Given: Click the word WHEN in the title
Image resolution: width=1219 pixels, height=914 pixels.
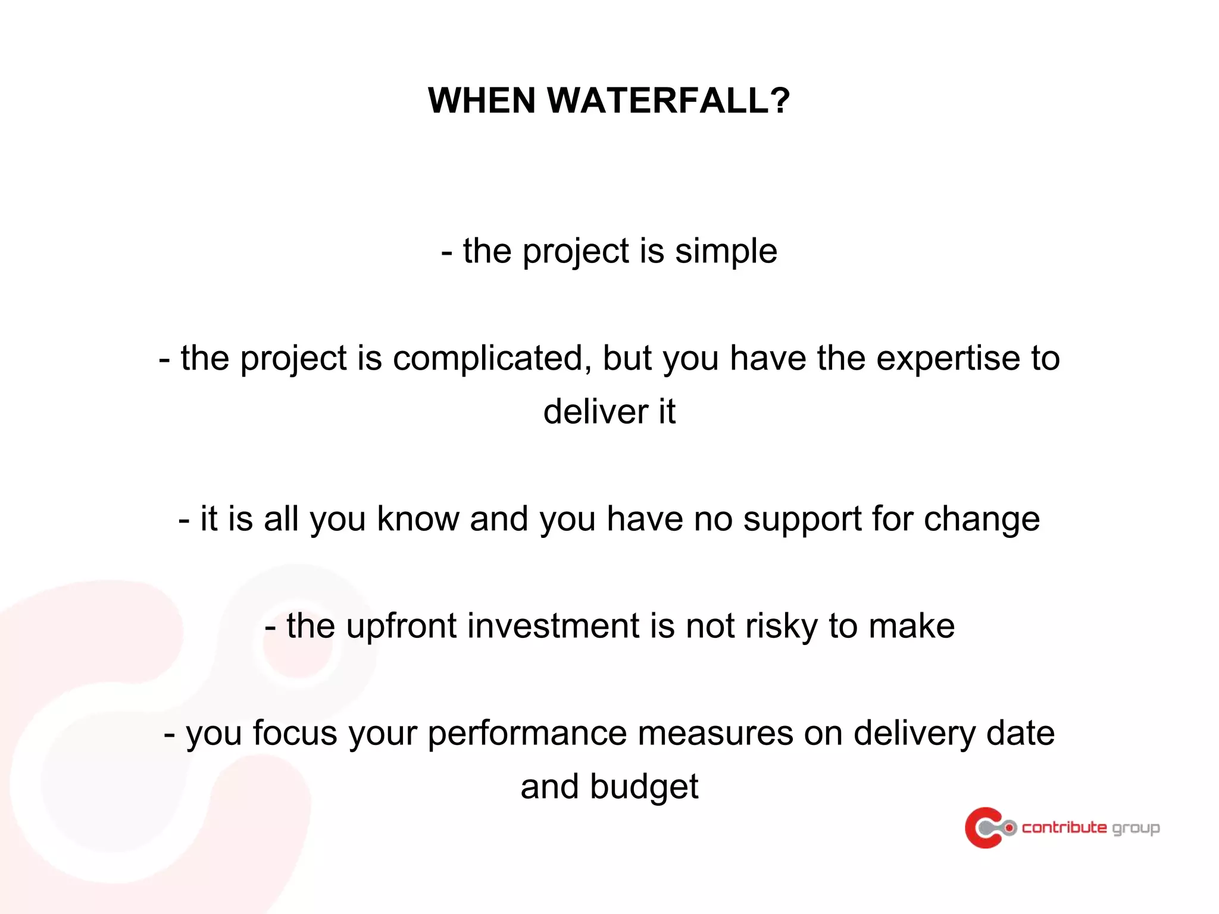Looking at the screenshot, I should click(x=482, y=100).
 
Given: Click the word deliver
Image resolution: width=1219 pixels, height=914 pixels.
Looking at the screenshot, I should click(x=595, y=412).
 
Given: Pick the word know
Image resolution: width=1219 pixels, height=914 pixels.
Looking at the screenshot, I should click(x=418, y=519).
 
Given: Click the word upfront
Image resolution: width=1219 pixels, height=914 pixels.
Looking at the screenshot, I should click(x=401, y=627).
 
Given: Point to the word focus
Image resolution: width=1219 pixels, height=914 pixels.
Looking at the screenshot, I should click(x=295, y=733).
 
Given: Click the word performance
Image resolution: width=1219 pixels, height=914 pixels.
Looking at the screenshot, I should click(x=527, y=734).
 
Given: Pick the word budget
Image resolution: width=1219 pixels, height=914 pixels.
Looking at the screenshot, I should click(x=643, y=787).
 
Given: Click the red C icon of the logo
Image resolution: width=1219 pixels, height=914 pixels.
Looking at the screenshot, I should click(x=983, y=828).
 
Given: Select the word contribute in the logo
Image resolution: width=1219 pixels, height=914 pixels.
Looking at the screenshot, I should click(x=1064, y=828).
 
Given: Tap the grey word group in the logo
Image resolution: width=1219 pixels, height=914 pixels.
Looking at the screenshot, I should click(x=1136, y=828).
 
